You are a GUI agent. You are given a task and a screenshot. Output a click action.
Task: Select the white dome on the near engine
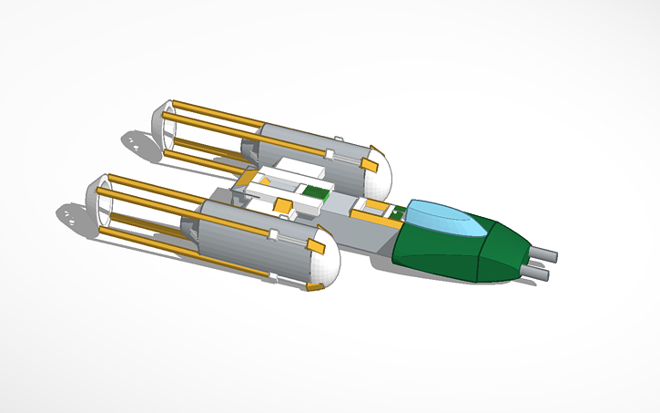tap(320, 266)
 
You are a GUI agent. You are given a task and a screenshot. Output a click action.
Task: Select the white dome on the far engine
tap(380, 170)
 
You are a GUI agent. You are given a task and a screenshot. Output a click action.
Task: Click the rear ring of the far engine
tap(161, 127)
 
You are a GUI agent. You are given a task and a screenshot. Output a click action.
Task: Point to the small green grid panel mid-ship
tap(315, 192)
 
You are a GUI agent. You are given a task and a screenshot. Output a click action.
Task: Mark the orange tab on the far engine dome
tap(369, 164)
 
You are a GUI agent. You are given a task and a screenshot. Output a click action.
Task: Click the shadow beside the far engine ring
tap(136, 142)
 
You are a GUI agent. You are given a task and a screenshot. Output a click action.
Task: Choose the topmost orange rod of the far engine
tap(209, 112)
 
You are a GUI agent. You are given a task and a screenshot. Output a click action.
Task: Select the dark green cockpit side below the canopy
tap(437, 251)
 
